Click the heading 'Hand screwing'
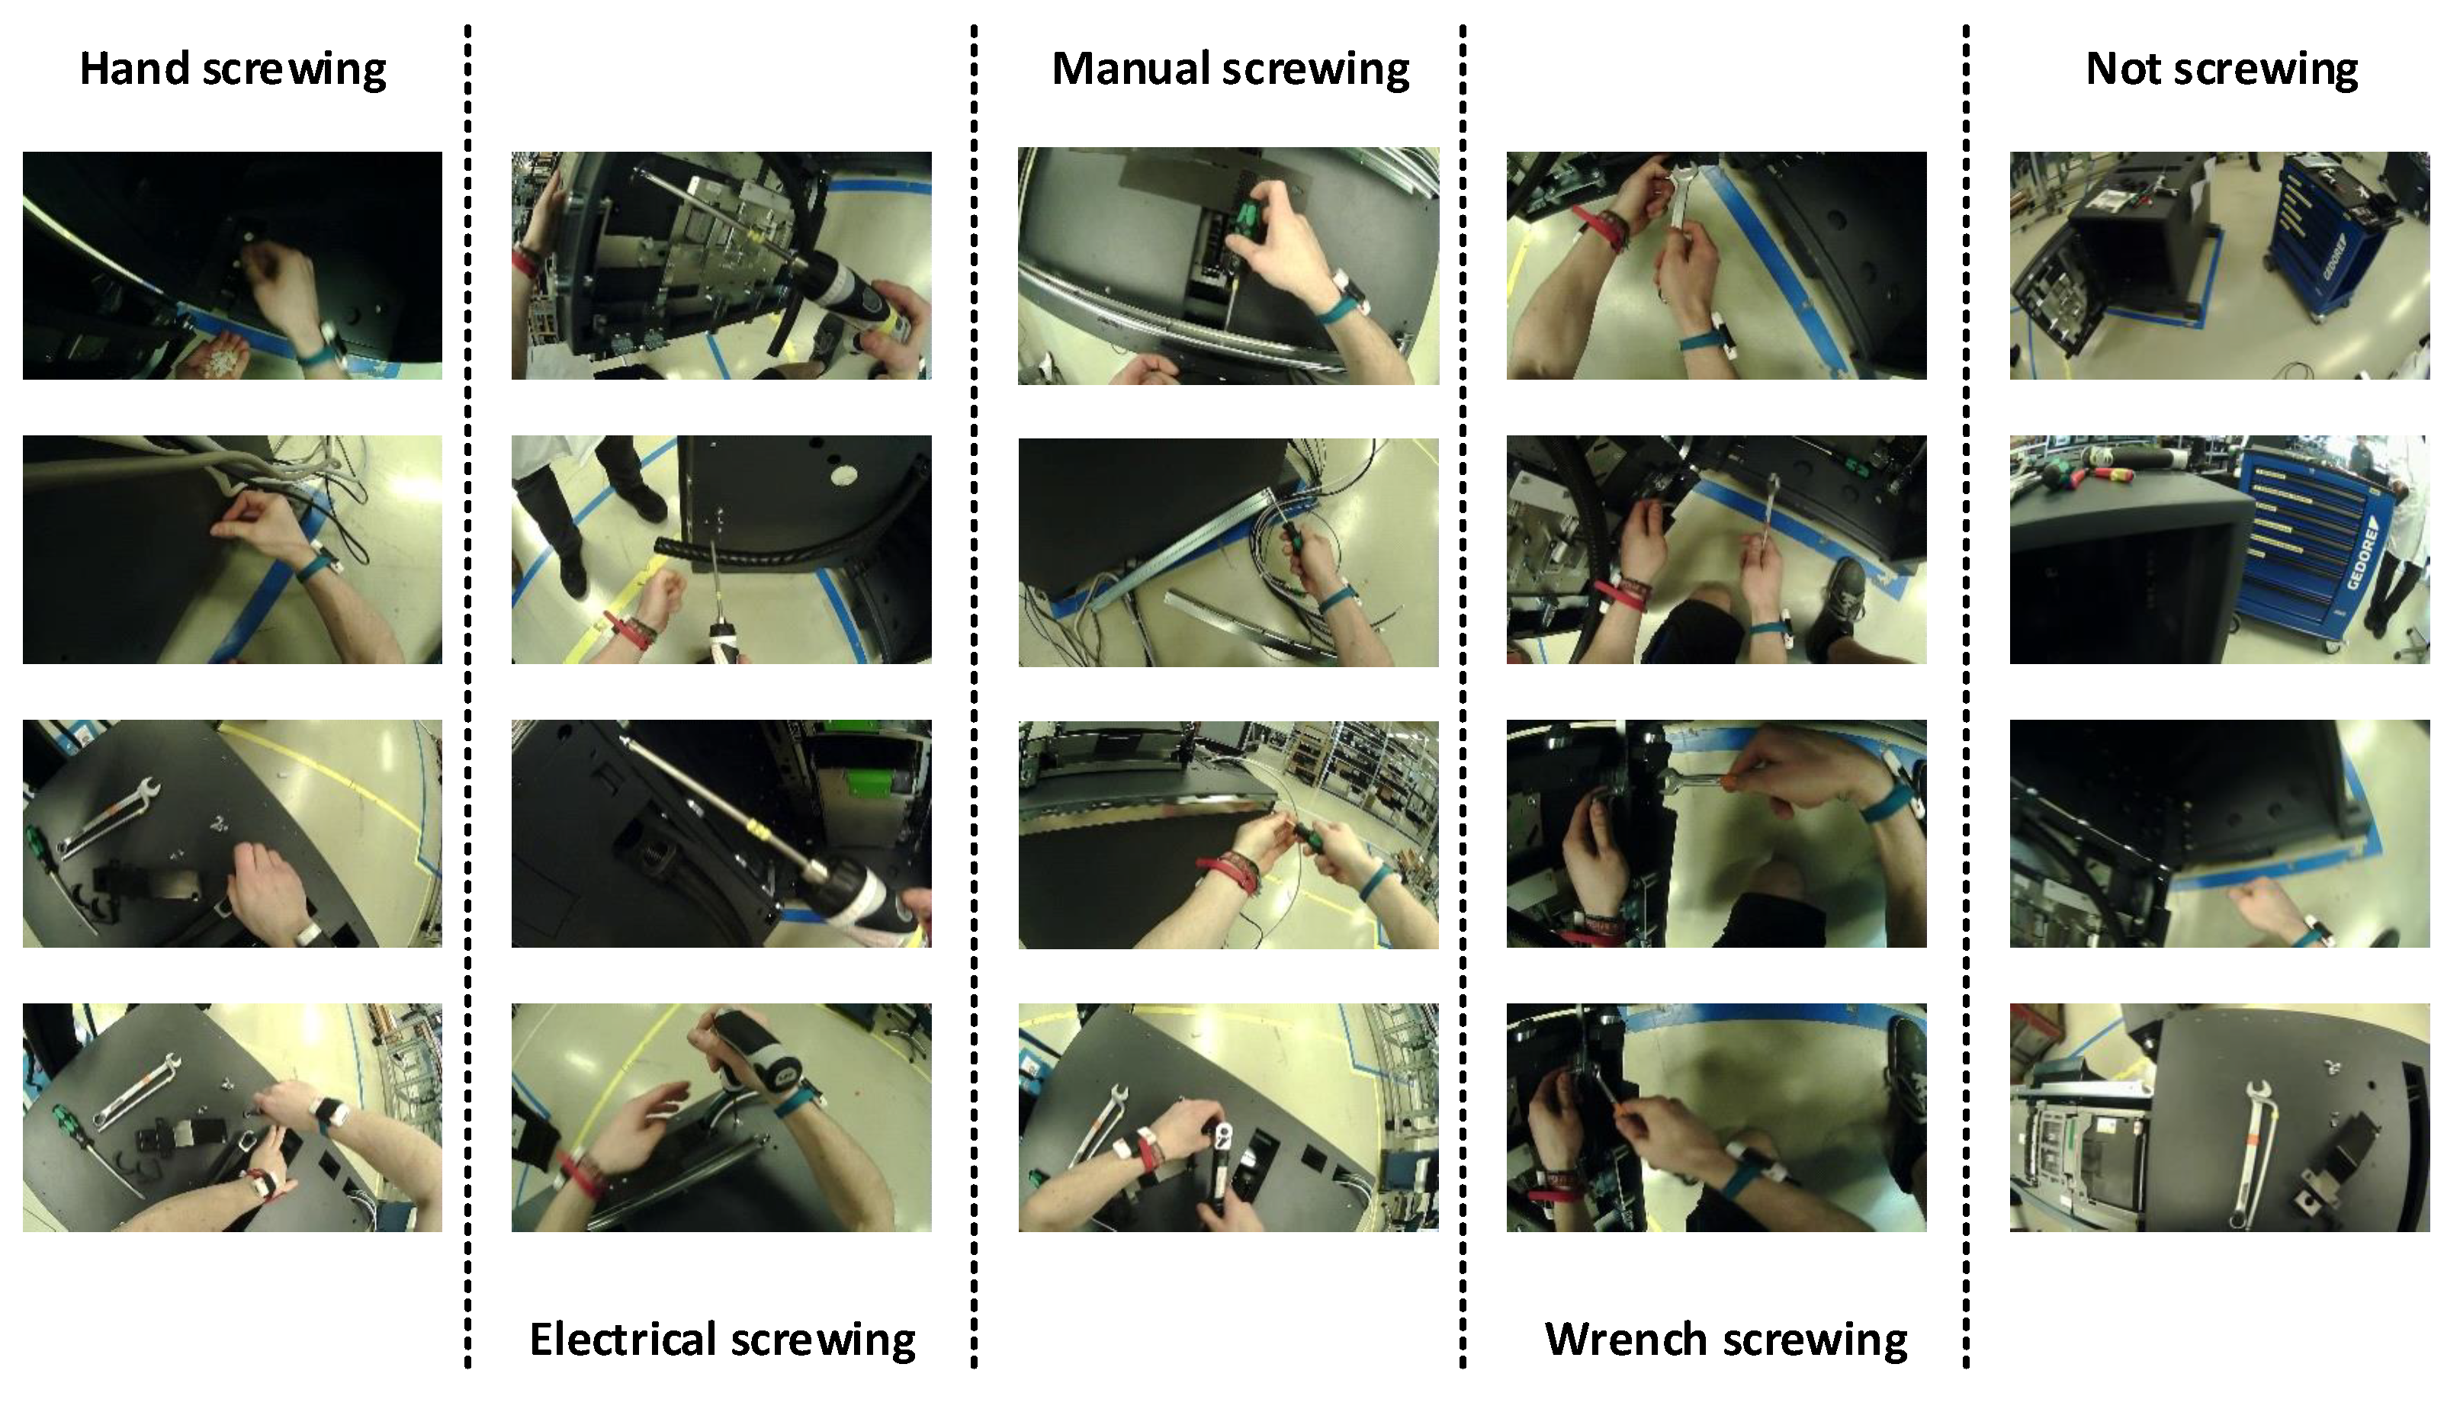click(x=233, y=69)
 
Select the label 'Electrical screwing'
click(x=722, y=1340)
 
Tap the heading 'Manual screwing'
click(x=1230, y=69)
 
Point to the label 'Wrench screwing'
click(x=1726, y=1340)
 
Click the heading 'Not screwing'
click(x=2221, y=69)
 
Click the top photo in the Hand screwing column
click(x=233, y=265)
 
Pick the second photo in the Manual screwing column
click(x=1228, y=553)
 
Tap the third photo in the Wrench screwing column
click(x=1717, y=833)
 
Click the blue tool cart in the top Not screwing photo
click(x=2327, y=237)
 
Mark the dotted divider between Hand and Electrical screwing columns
click(x=468, y=697)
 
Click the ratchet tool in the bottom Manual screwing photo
click(x=1222, y=1161)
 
